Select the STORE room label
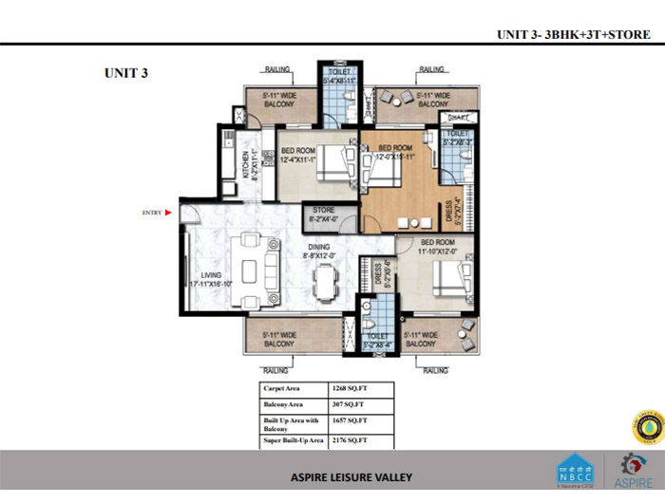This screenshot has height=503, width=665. point(325,211)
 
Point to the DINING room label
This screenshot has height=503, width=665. point(318,248)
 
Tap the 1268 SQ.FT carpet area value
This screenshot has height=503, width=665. point(349,388)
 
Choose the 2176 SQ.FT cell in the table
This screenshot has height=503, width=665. point(349,441)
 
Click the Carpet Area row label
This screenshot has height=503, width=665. point(282,388)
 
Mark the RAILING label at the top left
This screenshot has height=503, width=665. point(278,69)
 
